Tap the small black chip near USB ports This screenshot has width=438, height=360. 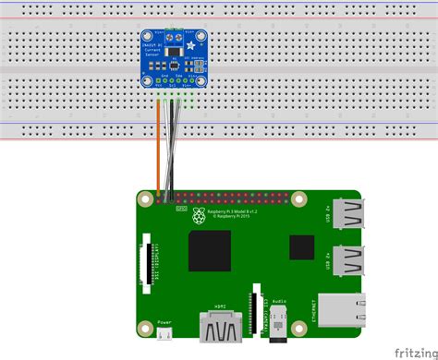300,247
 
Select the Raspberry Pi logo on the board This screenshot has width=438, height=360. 199,216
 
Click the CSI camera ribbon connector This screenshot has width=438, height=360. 254,310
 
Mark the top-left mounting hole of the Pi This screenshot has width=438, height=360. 146,198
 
